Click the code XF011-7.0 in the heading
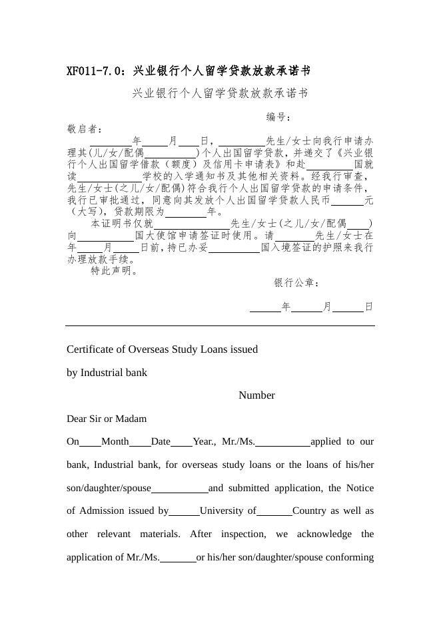95,71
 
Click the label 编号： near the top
279,117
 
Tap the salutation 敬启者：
85,129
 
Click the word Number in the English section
256,395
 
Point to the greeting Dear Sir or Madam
107,419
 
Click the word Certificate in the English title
93,349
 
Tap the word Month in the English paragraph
115,441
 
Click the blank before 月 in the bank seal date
306,308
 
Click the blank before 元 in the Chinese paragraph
347,201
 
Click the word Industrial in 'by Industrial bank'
104,373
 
